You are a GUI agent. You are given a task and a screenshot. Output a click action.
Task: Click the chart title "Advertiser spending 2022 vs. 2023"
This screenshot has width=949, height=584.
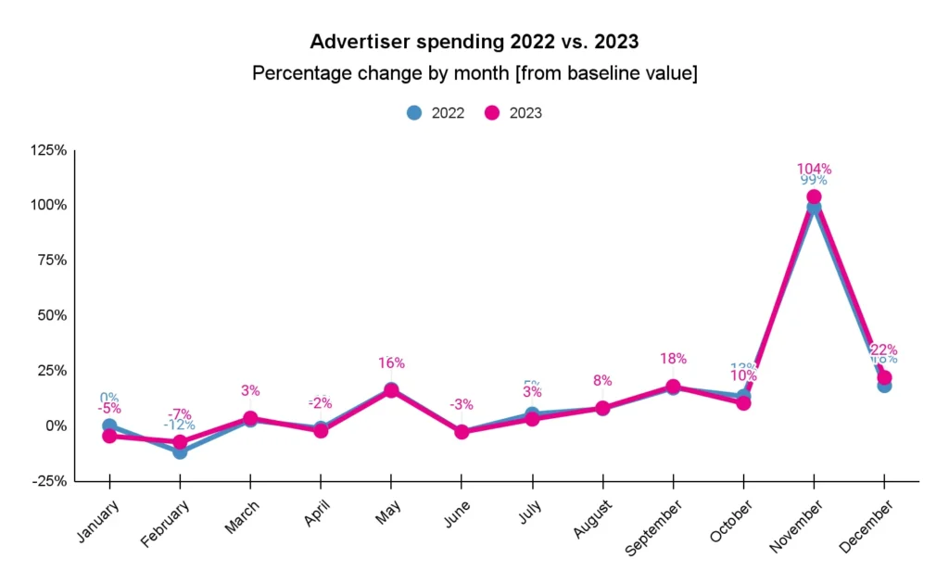pyautogui.click(x=474, y=42)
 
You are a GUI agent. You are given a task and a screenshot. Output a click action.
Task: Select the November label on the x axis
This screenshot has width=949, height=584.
pyautogui.click(x=796, y=526)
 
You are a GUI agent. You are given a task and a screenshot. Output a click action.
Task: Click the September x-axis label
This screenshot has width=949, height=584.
pyautogui.click(x=655, y=528)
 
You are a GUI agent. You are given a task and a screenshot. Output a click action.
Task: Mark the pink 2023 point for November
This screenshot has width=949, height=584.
pyautogui.click(x=814, y=197)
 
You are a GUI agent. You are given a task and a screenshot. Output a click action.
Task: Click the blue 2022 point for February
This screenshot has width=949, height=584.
pyautogui.click(x=180, y=451)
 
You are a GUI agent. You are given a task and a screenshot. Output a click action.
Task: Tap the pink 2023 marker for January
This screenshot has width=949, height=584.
pyautogui.click(x=109, y=436)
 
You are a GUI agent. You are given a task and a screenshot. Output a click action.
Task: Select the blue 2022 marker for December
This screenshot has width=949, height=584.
pyautogui.click(x=884, y=386)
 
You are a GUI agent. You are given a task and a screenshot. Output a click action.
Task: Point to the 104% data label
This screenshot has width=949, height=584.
pyautogui.click(x=814, y=169)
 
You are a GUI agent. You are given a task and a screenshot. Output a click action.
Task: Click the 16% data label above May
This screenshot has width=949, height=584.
pyautogui.click(x=391, y=363)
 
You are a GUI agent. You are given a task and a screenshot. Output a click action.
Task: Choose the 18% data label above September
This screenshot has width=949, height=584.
pyautogui.click(x=673, y=359)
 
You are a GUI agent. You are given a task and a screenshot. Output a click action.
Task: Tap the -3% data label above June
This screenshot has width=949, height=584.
pyautogui.click(x=461, y=404)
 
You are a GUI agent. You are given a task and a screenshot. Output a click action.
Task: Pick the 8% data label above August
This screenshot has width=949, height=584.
pyautogui.click(x=602, y=379)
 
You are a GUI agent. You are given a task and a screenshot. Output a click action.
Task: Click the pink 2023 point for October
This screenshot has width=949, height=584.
pyautogui.click(x=743, y=403)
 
